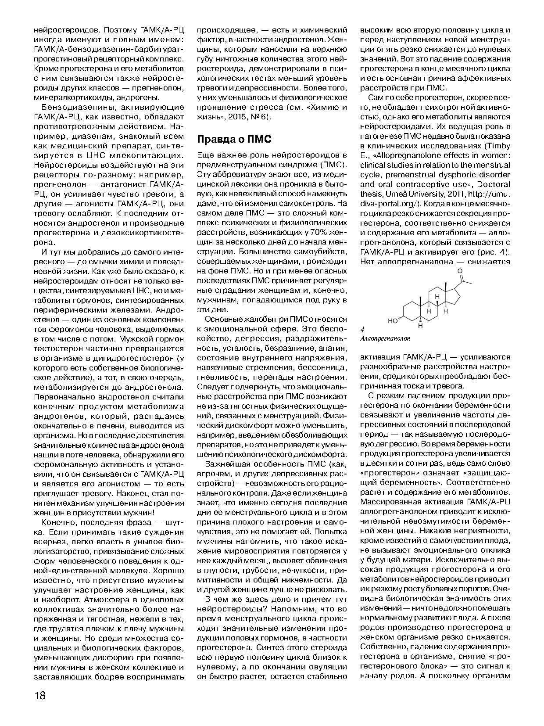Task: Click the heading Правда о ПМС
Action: tap(234, 139)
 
